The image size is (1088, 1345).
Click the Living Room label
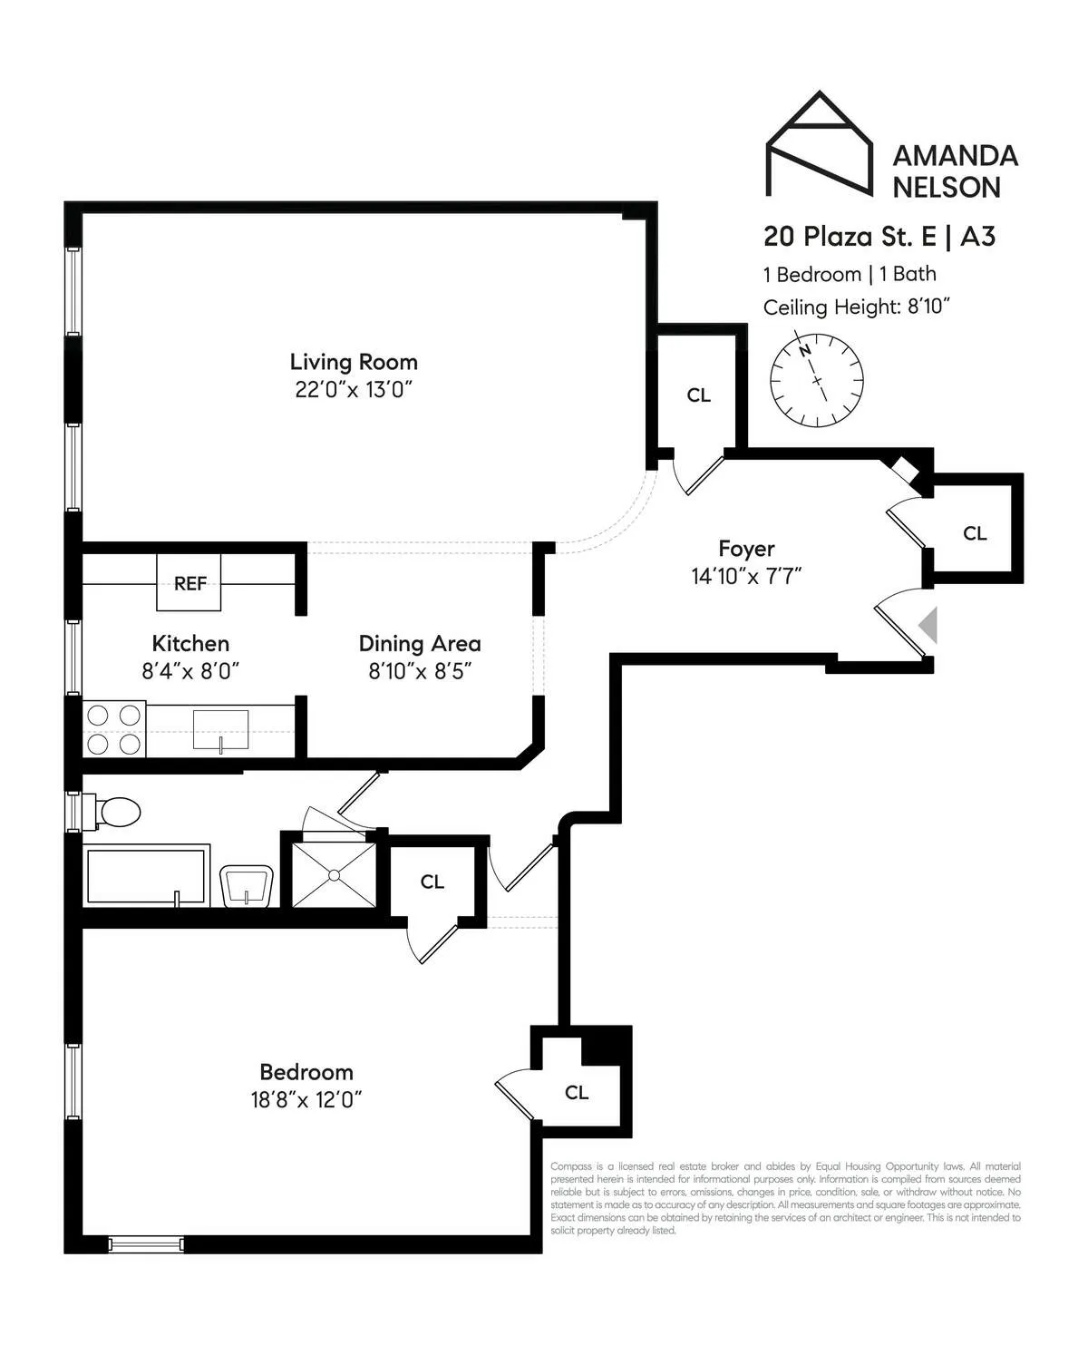(x=354, y=362)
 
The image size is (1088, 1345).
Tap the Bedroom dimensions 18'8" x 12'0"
(x=306, y=1100)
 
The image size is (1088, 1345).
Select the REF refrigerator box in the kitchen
(x=189, y=583)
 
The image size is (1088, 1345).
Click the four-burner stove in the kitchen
(x=114, y=729)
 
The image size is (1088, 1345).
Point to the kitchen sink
(x=220, y=730)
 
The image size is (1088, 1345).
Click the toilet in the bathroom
(x=114, y=812)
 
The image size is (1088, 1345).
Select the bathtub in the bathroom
(x=145, y=876)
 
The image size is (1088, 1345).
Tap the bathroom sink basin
(x=246, y=885)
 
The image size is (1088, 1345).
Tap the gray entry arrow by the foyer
(x=928, y=626)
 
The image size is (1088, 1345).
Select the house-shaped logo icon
(x=819, y=145)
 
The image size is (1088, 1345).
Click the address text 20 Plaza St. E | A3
(x=879, y=237)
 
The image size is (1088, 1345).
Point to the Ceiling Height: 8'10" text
(x=855, y=307)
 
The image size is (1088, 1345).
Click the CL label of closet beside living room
(x=698, y=395)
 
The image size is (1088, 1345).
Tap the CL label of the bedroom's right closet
(x=577, y=1092)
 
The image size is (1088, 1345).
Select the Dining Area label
(x=420, y=644)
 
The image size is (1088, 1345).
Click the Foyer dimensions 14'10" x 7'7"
(x=746, y=576)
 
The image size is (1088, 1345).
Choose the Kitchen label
(x=190, y=644)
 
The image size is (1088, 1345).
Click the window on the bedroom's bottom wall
(x=146, y=1244)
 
